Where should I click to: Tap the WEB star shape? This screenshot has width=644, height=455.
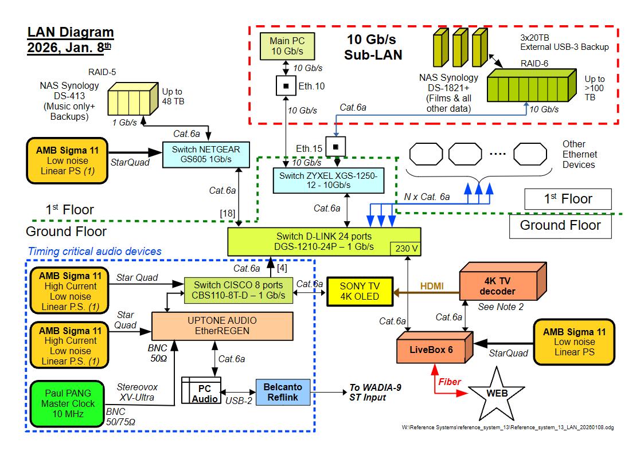tap(495, 394)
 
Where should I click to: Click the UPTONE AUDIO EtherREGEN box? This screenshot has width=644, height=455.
tap(222, 326)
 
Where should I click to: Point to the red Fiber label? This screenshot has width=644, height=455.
tap(450, 381)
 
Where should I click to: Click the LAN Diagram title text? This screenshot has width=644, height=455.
tap(71, 40)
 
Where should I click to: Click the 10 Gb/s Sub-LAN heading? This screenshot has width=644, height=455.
tap(373, 48)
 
